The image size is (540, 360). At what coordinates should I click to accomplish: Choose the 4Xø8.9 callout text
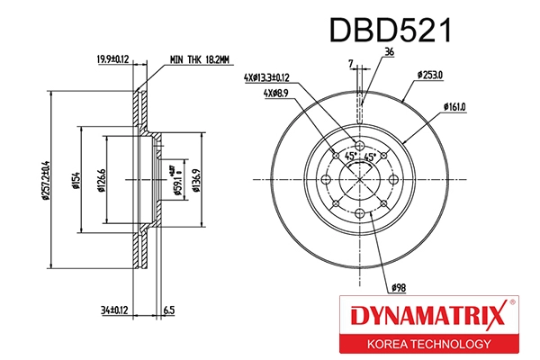[x=278, y=94]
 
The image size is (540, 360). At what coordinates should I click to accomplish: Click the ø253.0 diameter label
[x=430, y=76]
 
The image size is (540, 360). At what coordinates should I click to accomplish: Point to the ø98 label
[x=399, y=287]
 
